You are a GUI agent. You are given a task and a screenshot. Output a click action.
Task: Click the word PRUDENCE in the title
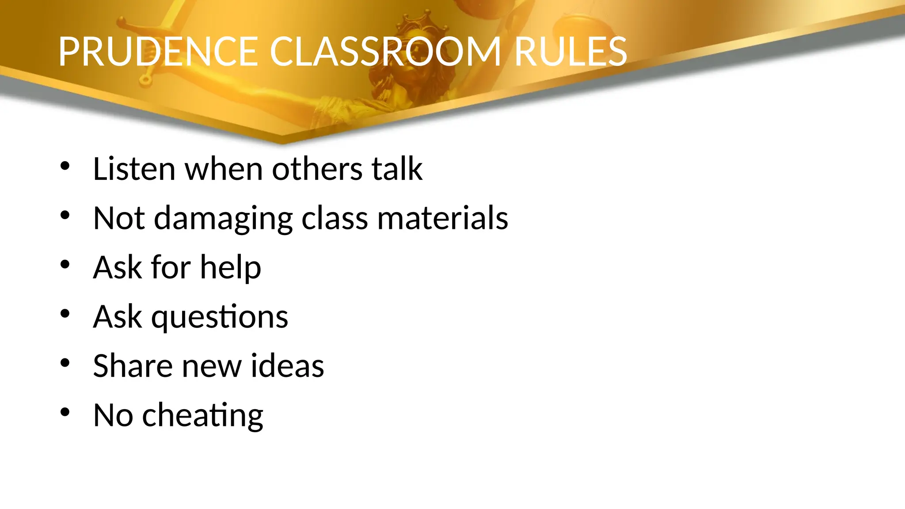[158, 52]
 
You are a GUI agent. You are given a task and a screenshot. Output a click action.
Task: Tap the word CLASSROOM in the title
[385, 52]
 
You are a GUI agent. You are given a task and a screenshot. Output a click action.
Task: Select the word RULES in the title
[570, 52]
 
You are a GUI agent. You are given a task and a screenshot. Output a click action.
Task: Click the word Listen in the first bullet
[134, 169]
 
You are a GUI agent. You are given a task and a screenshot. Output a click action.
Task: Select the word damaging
[223, 219]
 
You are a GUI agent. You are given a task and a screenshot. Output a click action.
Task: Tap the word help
[230, 268]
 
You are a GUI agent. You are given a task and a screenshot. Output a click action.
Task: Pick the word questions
[220, 317]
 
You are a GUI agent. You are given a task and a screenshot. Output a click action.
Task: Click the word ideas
[287, 366]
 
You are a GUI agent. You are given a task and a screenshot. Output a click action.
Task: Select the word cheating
[202, 416]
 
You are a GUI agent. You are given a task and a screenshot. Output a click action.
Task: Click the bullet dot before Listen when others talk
[65, 166]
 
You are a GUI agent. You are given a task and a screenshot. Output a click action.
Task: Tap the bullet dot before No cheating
[65, 412]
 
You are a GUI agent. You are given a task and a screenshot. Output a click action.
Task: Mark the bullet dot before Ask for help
[65, 265]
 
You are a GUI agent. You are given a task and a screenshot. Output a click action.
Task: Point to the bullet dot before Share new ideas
[65, 363]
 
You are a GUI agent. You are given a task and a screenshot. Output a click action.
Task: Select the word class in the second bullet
[335, 218]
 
